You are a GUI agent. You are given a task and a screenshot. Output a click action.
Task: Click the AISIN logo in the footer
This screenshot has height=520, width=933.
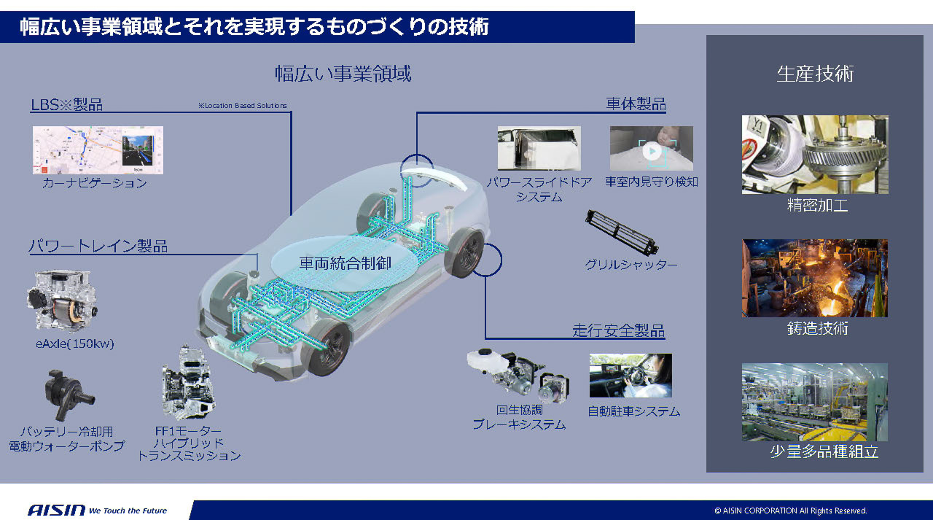pyautogui.click(x=56, y=510)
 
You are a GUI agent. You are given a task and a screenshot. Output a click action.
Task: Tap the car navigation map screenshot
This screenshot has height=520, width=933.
pyautogui.click(x=98, y=150)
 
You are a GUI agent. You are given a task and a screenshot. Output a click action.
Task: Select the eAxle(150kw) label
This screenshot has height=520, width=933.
pyautogui.click(x=74, y=344)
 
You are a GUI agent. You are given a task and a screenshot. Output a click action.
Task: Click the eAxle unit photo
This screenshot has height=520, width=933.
pyautogui.click(x=62, y=300)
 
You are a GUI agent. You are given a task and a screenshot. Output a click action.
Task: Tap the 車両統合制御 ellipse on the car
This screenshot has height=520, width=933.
pyautogui.click(x=345, y=263)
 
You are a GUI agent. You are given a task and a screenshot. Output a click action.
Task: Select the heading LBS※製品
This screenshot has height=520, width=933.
pyautogui.click(x=66, y=104)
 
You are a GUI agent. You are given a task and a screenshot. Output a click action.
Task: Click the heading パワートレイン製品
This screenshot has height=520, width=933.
pyautogui.click(x=98, y=246)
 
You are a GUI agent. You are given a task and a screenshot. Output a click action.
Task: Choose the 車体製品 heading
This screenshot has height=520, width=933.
pyautogui.click(x=636, y=104)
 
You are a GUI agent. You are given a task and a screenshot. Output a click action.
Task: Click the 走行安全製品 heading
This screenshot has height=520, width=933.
pyautogui.click(x=618, y=331)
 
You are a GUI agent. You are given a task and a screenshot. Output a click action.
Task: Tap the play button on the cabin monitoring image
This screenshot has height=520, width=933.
pyautogui.click(x=652, y=150)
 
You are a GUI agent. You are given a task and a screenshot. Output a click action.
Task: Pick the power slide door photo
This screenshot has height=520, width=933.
pyautogui.click(x=539, y=148)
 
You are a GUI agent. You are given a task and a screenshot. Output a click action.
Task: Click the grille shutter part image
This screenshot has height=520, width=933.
pyautogui.click(x=621, y=232)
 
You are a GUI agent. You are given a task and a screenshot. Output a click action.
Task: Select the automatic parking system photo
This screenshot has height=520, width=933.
pyautogui.click(x=630, y=376)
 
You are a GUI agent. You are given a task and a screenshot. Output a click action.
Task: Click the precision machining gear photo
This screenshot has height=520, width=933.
pyautogui.click(x=814, y=154)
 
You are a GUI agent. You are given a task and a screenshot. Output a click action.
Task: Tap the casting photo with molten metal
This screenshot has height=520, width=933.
pyautogui.click(x=814, y=278)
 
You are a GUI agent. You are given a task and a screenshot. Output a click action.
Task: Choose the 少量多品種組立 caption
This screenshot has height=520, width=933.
pyautogui.click(x=824, y=451)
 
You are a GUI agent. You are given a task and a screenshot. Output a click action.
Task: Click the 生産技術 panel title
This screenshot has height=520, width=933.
pyautogui.click(x=814, y=74)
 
